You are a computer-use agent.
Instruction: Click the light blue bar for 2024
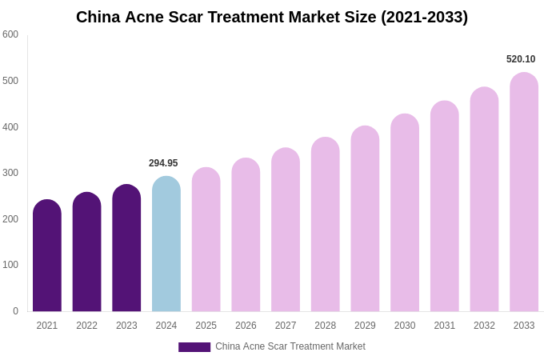[166, 244]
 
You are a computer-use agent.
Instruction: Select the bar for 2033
[524, 192]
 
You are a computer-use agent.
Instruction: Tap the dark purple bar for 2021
[47, 256]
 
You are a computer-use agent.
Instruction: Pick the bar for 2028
[326, 225]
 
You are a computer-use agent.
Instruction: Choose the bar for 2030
[405, 213]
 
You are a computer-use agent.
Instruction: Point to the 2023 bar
[126, 248]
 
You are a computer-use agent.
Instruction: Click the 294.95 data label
[163, 163]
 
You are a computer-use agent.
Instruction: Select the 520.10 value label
[521, 59]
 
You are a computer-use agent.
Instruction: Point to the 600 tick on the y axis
[10, 34]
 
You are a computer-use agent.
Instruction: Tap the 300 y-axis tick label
[10, 173]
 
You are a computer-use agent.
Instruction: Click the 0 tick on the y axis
[15, 311]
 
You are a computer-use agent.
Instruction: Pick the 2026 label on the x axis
[246, 326]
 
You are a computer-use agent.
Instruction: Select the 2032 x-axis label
[484, 326]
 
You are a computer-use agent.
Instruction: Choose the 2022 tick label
[86, 326]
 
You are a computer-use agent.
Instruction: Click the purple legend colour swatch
[194, 347]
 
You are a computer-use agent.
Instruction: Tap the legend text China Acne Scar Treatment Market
[290, 346]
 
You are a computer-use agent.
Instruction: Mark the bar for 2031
[445, 206]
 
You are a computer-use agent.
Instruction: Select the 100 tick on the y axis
[10, 265]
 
